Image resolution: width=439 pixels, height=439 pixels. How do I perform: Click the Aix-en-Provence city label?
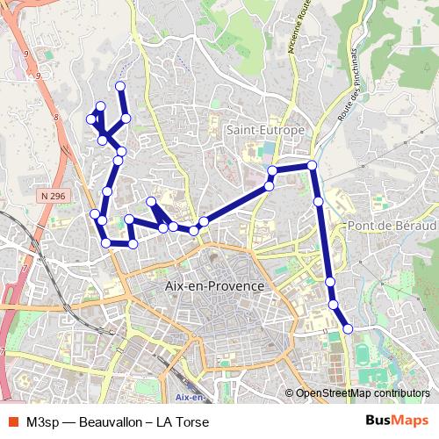coord(215,287)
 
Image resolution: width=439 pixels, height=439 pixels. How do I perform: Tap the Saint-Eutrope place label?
coord(265,130)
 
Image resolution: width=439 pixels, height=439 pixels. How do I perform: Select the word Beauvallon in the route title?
coord(112,422)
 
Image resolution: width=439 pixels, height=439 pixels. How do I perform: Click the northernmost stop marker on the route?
coord(120,85)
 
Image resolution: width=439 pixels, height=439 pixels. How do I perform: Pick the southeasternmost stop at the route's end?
coord(348,328)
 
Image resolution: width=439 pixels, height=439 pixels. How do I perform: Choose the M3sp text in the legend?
coord(43,422)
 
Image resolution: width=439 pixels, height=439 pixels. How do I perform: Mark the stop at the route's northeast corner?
coord(312,164)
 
